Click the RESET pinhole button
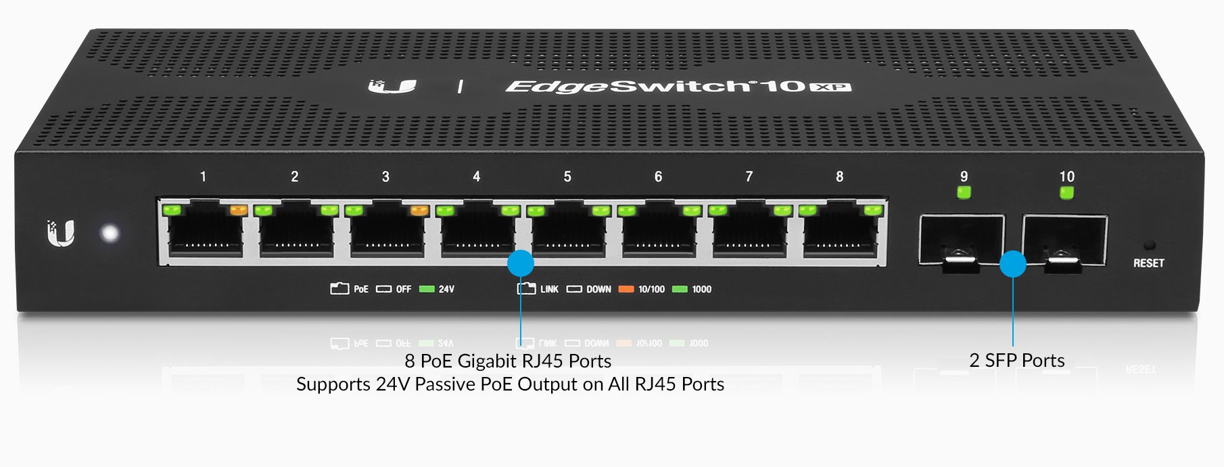pos(1149,245)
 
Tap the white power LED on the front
pos(110,234)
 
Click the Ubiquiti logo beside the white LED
pos(61,234)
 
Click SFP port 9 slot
pos(961,240)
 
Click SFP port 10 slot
pos(1064,240)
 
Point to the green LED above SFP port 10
pos(1066,193)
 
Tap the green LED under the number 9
pos(964,193)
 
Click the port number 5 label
pos(567,177)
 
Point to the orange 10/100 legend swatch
pos(626,289)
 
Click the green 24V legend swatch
pos(427,289)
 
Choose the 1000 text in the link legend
pos(701,289)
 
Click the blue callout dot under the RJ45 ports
pos(520,263)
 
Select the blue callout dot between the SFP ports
pos(1012,264)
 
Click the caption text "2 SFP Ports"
pos(1016,361)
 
